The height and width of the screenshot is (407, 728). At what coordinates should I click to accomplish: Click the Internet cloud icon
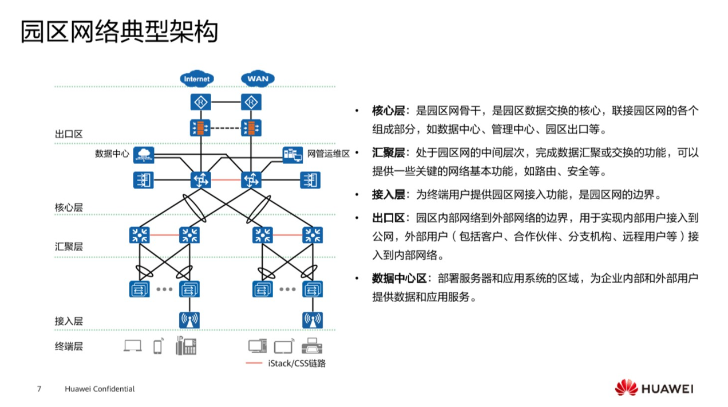[197, 79]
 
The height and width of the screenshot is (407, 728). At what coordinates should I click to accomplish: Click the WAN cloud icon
[258, 79]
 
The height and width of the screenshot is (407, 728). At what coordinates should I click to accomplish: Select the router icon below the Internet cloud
[201, 103]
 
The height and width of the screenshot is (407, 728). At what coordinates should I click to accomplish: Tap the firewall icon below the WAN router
[251, 127]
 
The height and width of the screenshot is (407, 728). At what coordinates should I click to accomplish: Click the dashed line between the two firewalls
[225, 127]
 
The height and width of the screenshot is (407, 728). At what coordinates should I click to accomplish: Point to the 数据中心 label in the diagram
[112, 154]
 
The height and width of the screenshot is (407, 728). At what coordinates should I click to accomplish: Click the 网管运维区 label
[328, 154]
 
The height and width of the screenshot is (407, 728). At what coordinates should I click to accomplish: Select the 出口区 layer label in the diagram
[69, 134]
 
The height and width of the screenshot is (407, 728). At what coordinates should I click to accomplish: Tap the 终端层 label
[69, 346]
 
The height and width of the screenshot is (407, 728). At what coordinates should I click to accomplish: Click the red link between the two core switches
[225, 180]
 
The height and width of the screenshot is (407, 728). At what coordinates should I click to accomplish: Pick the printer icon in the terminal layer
[311, 346]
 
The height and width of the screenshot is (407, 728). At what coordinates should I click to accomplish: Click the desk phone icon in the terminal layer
[186, 346]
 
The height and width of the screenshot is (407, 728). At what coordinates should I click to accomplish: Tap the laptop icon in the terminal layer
[133, 346]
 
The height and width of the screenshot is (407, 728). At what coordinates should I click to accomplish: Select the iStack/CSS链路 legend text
[296, 363]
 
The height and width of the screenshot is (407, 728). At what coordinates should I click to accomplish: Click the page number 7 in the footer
[39, 389]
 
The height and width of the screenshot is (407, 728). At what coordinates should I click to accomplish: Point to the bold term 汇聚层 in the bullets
[388, 153]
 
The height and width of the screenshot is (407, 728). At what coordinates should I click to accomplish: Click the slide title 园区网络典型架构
[120, 32]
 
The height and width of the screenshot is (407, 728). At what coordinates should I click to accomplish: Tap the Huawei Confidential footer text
[100, 389]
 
